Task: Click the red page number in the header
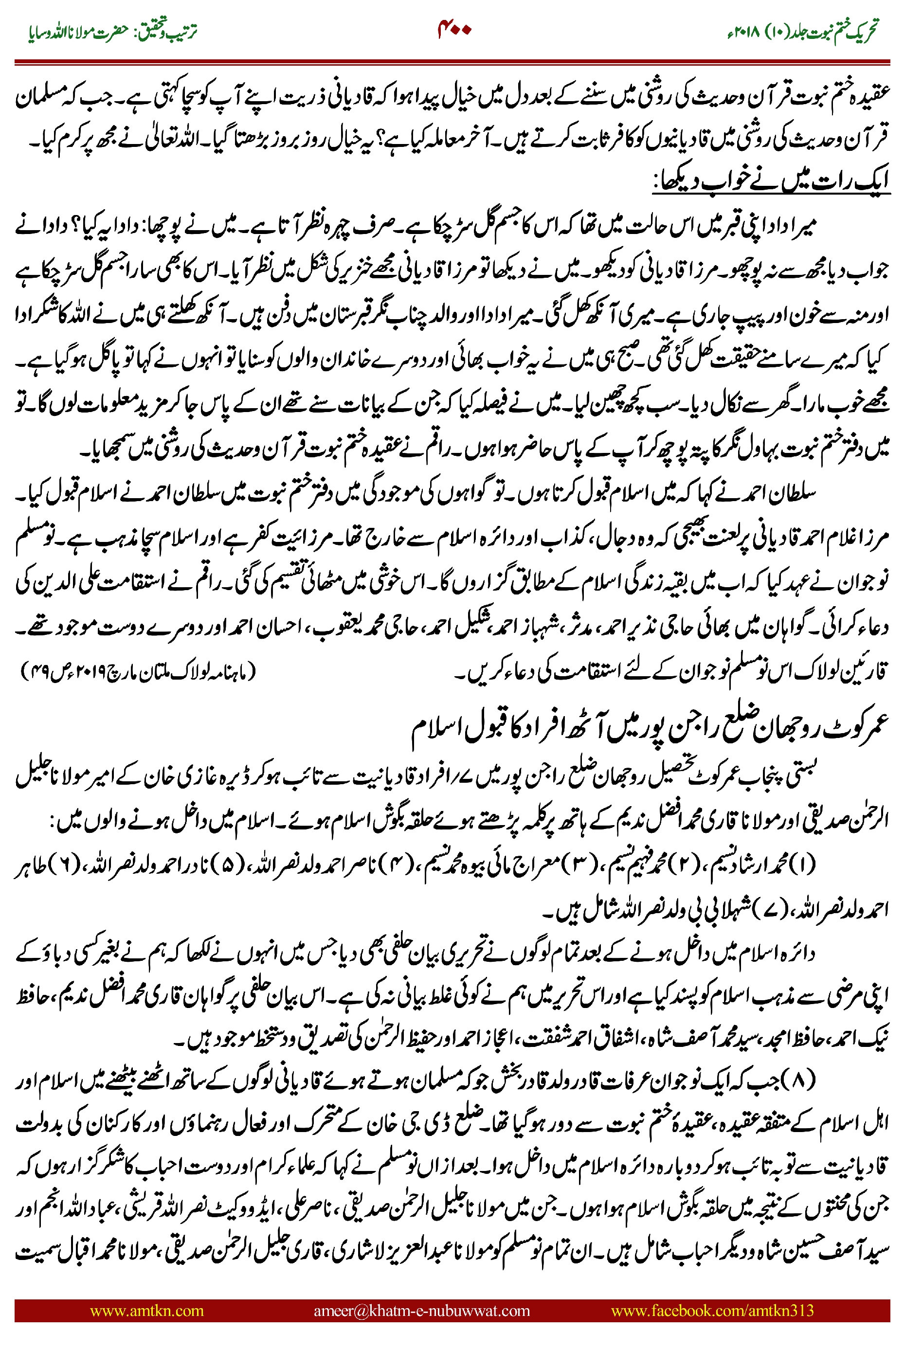pyautogui.click(x=455, y=29)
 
